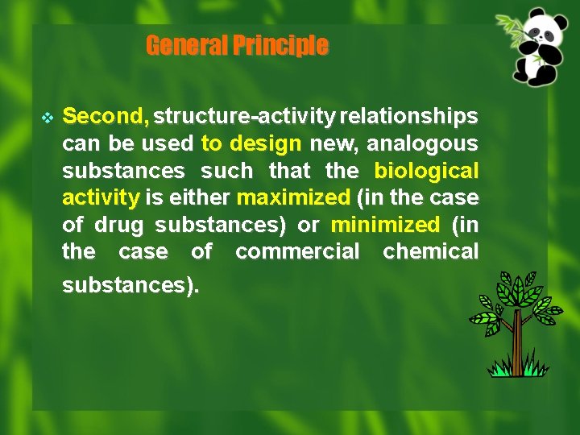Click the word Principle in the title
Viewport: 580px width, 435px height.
[x=280, y=46]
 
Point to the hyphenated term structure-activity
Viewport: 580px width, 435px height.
[x=245, y=117]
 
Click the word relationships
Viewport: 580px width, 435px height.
[x=409, y=117]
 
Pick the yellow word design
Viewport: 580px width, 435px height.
[x=265, y=144]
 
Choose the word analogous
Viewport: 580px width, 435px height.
[x=423, y=144]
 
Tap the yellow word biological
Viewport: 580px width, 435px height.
[x=426, y=171]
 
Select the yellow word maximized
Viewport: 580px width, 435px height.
[x=294, y=197]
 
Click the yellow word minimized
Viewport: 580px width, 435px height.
[x=385, y=224]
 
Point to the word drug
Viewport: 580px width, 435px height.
[x=118, y=224]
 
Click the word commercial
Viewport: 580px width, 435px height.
[x=297, y=251]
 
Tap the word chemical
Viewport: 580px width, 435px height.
[x=430, y=251]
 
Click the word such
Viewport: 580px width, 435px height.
[x=226, y=171]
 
